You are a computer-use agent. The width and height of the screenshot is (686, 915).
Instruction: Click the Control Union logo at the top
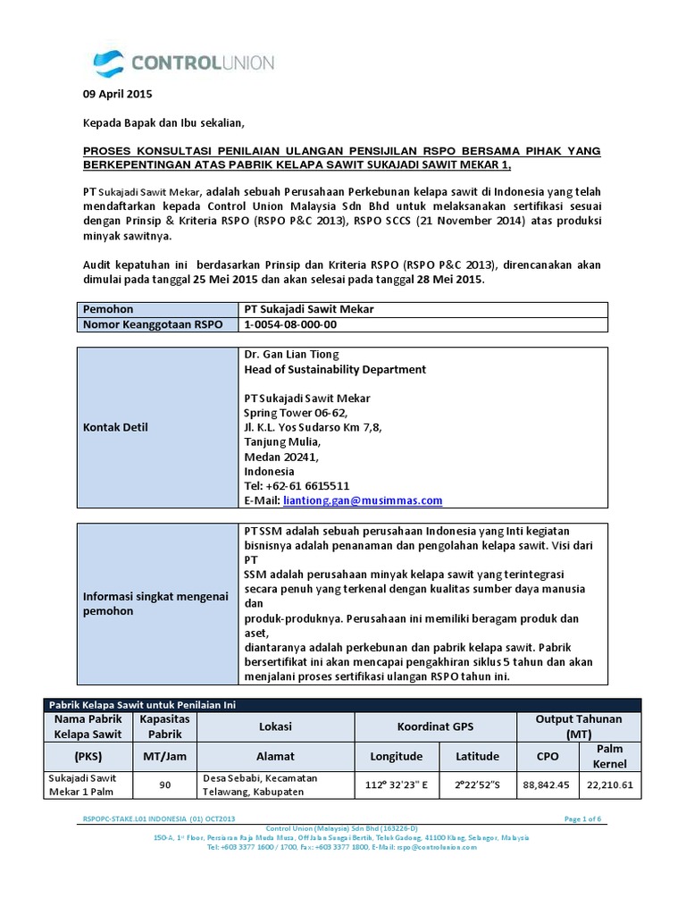click(x=184, y=63)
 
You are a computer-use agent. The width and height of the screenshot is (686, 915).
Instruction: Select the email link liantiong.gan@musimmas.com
click(x=362, y=501)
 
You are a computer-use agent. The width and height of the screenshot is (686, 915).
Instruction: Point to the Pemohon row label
click(x=108, y=309)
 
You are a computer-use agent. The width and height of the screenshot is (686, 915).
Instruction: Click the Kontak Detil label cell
click(x=115, y=427)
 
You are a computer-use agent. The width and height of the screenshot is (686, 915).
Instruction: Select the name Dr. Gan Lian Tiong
click(x=291, y=355)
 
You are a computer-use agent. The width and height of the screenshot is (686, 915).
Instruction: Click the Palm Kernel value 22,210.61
click(x=610, y=785)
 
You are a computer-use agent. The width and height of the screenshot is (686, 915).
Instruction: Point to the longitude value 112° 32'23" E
click(x=396, y=785)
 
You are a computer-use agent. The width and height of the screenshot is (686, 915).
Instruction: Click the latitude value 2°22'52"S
click(x=477, y=785)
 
